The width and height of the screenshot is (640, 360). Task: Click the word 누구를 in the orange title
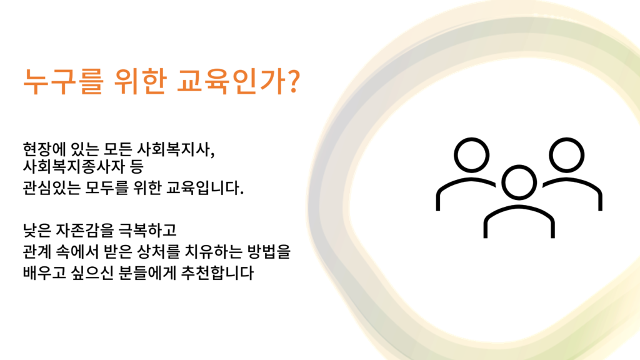(x=64, y=81)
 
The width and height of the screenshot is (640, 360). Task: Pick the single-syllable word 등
(x=137, y=166)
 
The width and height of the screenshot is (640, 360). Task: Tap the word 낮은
(x=37, y=230)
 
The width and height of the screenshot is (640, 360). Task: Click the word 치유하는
(x=214, y=251)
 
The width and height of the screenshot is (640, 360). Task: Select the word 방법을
(x=269, y=251)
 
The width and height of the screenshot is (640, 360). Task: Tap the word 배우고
(x=44, y=272)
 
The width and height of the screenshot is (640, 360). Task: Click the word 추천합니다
(x=217, y=272)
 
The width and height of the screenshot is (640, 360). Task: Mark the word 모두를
(x=106, y=187)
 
